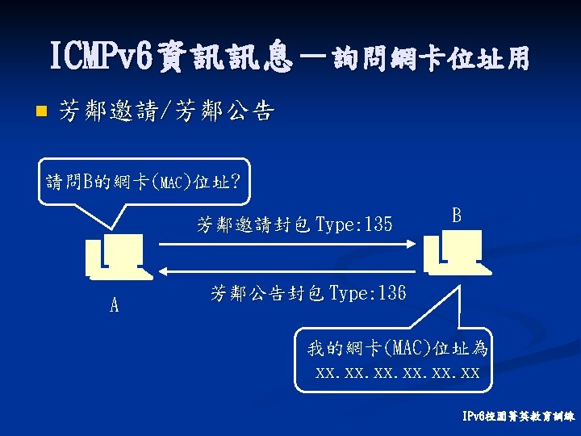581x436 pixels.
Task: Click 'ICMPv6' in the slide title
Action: [x=102, y=58]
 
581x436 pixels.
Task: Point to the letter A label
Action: [x=114, y=305]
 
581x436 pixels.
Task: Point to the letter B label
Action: [x=457, y=216]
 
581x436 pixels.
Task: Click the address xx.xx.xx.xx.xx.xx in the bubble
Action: [x=398, y=373]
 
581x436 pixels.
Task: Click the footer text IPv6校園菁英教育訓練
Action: [x=518, y=418]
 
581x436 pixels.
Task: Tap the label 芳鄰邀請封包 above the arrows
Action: [x=253, y=224]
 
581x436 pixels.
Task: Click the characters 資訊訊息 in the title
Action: [x=226, y=58]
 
